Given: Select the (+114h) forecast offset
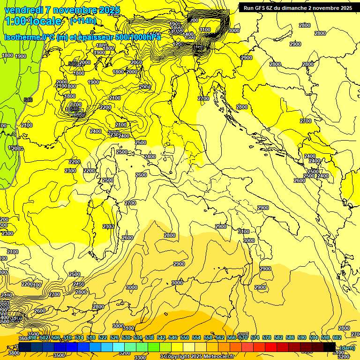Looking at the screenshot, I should click(83, 21).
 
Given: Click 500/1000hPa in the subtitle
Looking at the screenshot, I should click(139, 37).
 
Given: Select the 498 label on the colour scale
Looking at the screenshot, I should click(32, 337).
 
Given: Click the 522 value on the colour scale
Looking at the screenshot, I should click(103, 337).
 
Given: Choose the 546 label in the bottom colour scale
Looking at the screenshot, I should click(173, 337).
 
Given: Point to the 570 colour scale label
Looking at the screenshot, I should click(243, 337).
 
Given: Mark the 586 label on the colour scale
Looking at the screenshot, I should click(290, 337).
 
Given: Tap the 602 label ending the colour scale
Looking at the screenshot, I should click(337, 337).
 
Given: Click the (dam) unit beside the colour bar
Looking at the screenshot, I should click(347, 347).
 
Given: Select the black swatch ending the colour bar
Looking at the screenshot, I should click(329, 347).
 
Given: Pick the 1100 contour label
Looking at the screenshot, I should click(205, 30).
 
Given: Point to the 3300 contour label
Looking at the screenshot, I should click(140, 357).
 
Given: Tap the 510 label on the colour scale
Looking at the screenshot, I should click(67, 337).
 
